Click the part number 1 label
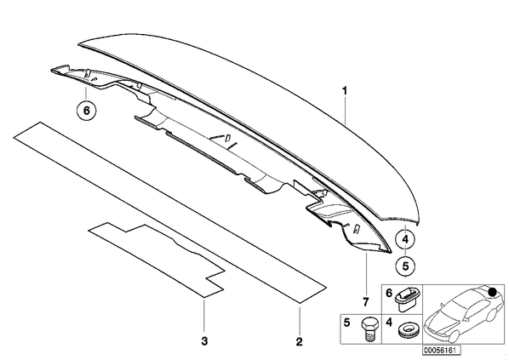click(345, 90)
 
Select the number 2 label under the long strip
click(300, 341)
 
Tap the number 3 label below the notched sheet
click(204, 341)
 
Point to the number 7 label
click(366, 302)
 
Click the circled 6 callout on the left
click(86, 111)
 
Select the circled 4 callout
click(405, 240)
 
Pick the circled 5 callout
click(405, 266)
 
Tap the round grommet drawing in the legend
click(407, 329)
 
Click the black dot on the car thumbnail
click(493, 292)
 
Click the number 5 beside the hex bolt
click(347, 323)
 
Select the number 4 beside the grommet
click(389, 323)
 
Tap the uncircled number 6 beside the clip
click(389, 293)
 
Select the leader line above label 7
click(366, 272)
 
